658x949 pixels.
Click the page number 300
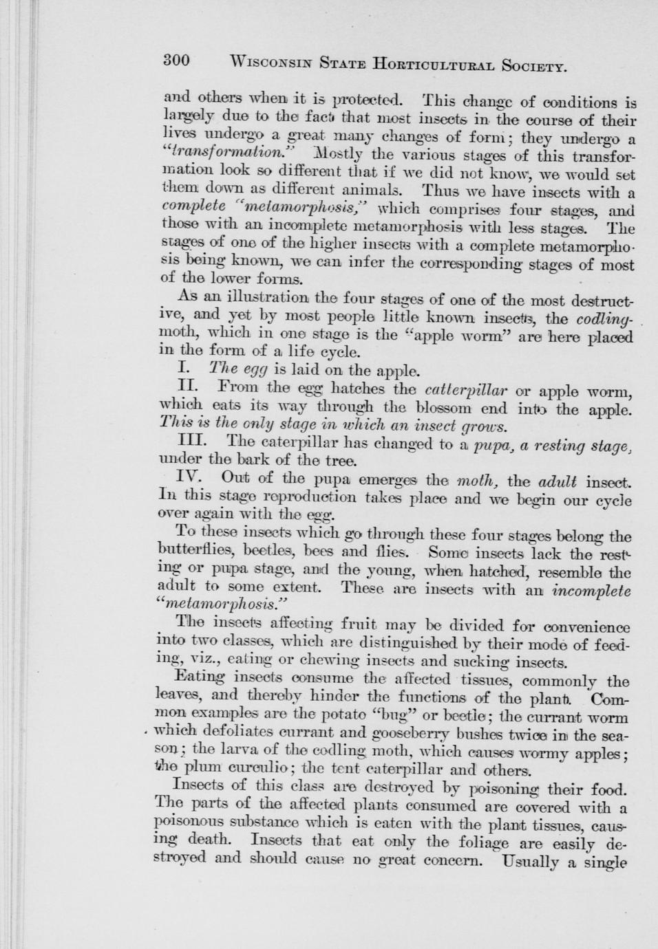pos(176,60)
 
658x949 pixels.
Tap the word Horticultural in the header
pos(434,65)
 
